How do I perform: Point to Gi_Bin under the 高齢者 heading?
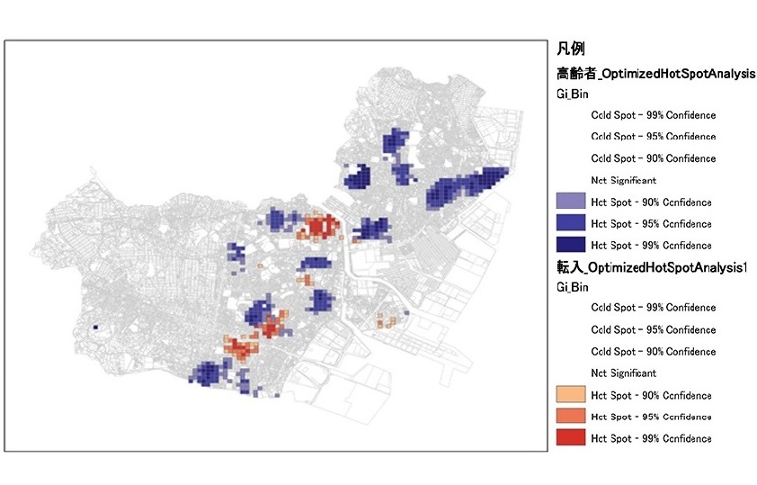click(x=573, y=94)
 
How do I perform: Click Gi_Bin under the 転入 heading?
click(x=573, y=287)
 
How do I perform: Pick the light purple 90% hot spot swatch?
click(x=571, y=202)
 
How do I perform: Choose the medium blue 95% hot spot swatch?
click(x=571, y=223)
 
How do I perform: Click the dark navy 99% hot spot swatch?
click(x=571, y=245)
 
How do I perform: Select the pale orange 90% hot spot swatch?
click(x=571, y=395)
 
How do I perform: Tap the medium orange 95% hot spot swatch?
click(x=571, y=417)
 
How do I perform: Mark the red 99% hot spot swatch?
click(x=571, y=438)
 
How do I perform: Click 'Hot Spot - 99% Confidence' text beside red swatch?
click(x=651, y=439)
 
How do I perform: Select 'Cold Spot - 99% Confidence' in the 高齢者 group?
click(x=653, y=115)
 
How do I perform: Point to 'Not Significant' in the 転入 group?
click(x=623, y=373)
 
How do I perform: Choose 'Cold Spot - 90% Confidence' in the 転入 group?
click(x=653, y=351)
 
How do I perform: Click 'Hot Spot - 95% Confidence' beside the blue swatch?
click(x=651, y=224)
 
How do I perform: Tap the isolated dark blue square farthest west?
click(x=94, y=328)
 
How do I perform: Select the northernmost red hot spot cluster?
click(x=319, y=226)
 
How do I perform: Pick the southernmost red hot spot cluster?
click(x=239, y=347)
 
